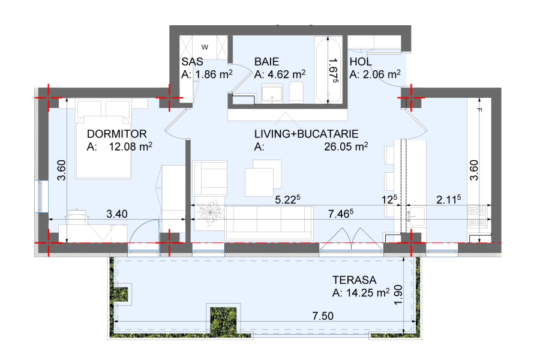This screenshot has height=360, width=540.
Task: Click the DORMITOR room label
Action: pyautogui.click(x=117, y=134)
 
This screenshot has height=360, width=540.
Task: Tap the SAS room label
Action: pyautogui.click(x=192, y=62)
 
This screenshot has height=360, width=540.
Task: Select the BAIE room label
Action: pyautogui.click(x=266, y=62)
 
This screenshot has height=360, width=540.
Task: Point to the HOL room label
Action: pyautogui.click(x=361, y=62)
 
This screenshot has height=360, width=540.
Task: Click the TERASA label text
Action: pyautogui.click(x=355, y=280)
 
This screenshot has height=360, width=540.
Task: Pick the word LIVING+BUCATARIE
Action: pyautogui.click(x=306, y=134)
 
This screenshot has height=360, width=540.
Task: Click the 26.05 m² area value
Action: pyautogui.click(x=346, y=146)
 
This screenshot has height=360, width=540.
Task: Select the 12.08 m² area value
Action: pyautogui.click(x=131, y=146)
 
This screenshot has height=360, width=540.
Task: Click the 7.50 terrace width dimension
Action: pyautogui.click(x=323, y=316)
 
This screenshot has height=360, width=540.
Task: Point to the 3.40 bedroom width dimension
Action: pyautogui.click(x=117, y=214)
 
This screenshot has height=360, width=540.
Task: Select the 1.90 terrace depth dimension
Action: pyautogui.click(x=398, y=295)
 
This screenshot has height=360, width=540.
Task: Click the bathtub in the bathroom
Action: pyautogui.click(x=328, y=70)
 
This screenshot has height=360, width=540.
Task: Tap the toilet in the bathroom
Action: pyautogui.click(x=296, y=92)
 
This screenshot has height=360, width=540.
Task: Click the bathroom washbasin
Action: pyautogui.click(x=272, y=94)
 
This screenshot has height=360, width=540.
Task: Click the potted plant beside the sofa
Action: pyautogui.click(x=209, y=213)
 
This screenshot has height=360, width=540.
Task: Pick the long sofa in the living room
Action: pyautogui.click(x=269, y=223)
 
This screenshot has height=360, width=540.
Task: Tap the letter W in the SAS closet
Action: pyautogui.click(x=205, y=47)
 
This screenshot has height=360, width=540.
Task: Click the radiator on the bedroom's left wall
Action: pyautogui.click(x=40, y=196)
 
